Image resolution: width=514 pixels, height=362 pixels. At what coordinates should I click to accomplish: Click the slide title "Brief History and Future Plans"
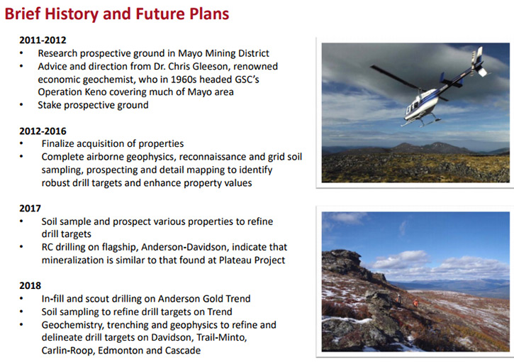click(117, 13)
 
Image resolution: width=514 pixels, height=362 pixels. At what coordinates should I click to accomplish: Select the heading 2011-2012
click(43, 40)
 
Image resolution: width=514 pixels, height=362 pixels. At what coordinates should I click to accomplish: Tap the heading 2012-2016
click(43, 131)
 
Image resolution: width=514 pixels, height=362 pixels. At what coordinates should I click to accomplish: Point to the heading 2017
click(30, 209)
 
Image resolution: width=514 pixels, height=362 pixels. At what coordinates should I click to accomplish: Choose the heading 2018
click(30, 285)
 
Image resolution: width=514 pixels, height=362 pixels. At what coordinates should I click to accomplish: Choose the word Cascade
click(183, 351)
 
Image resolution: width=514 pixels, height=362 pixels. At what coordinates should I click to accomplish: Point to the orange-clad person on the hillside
click(415, 302)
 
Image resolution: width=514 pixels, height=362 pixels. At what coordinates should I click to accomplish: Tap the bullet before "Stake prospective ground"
click(21, 105)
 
